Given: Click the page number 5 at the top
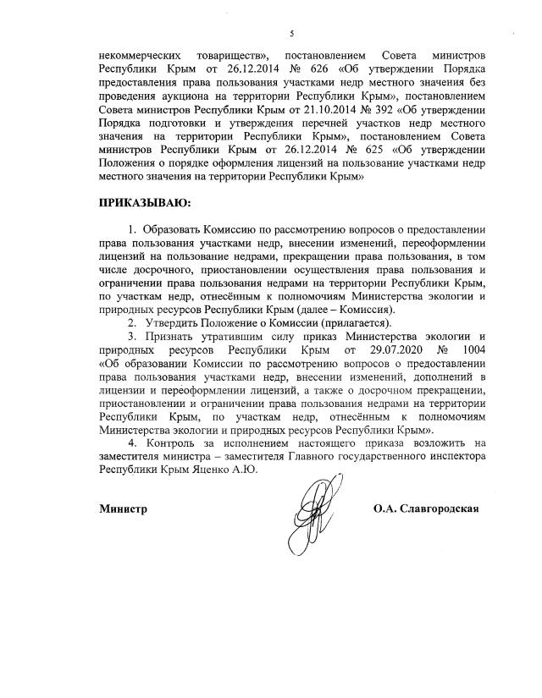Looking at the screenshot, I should point(290,33).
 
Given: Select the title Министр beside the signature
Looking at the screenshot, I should point(123,509).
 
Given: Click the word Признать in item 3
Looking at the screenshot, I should point(166,336).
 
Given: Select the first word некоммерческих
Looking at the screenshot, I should point(140,51).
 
